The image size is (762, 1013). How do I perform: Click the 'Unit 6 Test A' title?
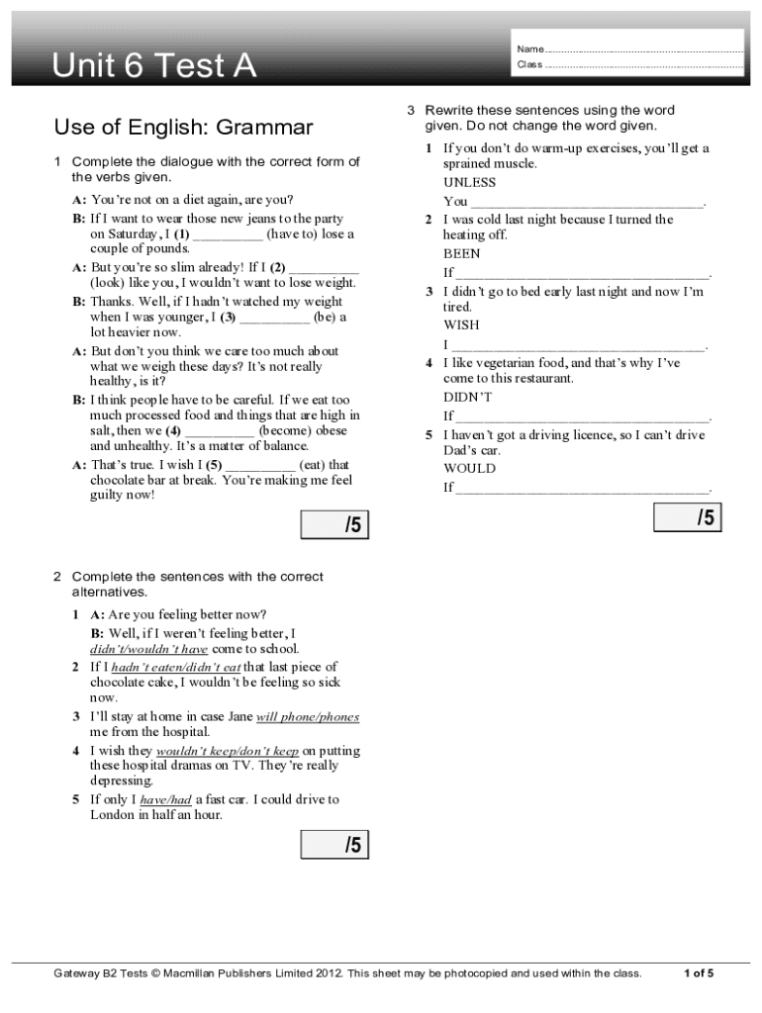coord(154,66)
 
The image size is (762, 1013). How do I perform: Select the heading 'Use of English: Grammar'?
coord(183,127)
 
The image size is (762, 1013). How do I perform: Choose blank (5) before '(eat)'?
coord(259,464)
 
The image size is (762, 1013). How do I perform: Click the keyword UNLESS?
coord(469,182)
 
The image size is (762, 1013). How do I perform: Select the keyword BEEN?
coord(461,253)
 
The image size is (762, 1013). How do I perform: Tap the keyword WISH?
coord(460,324)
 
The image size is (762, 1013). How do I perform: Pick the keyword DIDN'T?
coord(467,397)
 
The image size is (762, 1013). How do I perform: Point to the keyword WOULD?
coord(469,468)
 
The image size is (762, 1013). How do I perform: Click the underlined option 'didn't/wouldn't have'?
coord(148,649)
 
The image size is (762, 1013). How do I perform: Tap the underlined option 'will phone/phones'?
coord(307,716)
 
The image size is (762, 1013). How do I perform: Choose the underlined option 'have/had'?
coord(165,799)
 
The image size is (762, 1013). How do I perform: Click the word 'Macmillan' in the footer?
coord(197,973)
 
